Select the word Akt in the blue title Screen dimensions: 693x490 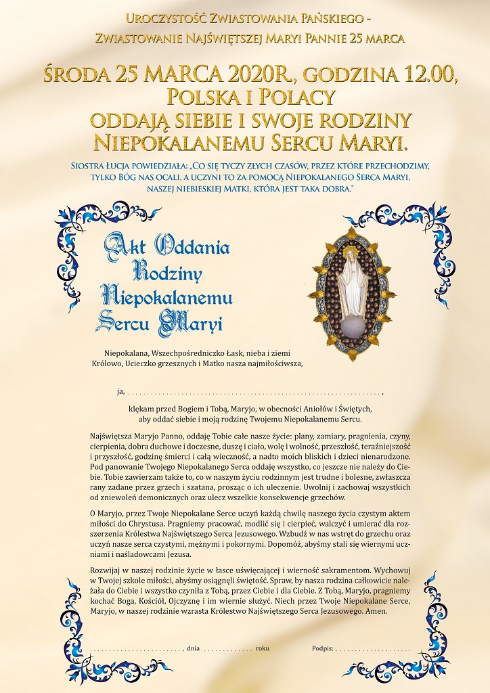[125, 248]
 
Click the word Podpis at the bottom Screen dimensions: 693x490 [322, 648]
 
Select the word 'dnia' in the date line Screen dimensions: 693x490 [194, 648]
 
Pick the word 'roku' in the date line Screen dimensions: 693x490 [263, 648]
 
